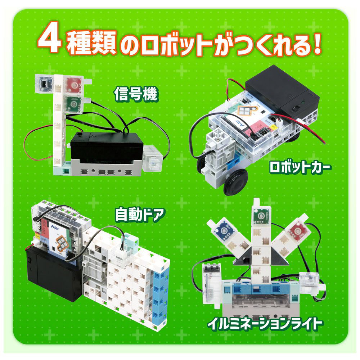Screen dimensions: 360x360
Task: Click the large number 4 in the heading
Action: click(50, 39)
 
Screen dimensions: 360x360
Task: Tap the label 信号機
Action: click(136, 94)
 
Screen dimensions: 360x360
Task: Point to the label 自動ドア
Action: click(140, 215)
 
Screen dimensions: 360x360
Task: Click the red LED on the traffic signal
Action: click(74, 85)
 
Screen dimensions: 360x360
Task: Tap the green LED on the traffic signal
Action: click(74, 105)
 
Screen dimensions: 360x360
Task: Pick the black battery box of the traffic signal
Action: click(107, 149)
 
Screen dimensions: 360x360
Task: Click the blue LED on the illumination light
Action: click(224, 231)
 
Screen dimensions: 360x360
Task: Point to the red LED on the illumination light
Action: click(298, 231)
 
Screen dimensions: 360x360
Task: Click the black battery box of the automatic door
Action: click(53, 273)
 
